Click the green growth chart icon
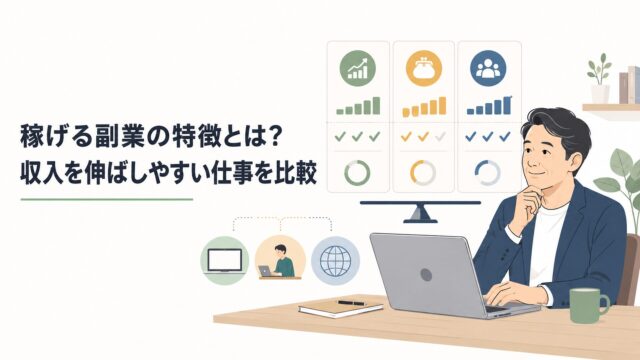click(358, 68)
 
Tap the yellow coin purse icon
click(424, 68)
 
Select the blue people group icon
click(488, 68)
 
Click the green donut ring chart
click(357, 173)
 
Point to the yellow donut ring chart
click(423, 173)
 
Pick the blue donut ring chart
click(488, 173)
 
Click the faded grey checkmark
click(440, 137)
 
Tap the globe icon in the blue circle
click(336, 260)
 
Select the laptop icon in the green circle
click(224, 260)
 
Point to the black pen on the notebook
click(351, 303)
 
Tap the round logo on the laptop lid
click(426, 275)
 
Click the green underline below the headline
click(107, 200)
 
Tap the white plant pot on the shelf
click(600, 94)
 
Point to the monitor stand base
click(420, 221)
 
